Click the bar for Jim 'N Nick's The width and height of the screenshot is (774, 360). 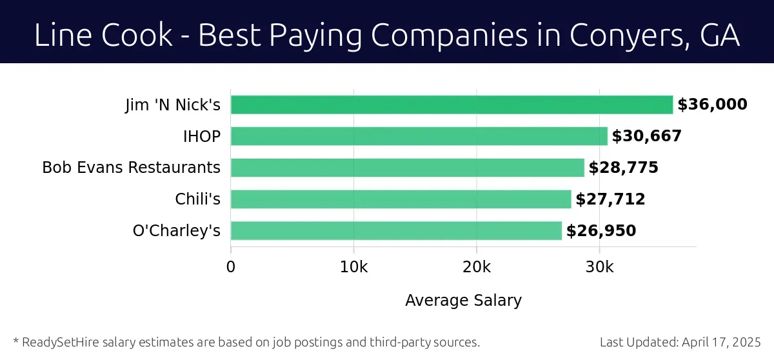pos(451,105)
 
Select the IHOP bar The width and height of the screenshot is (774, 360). pos(419,136)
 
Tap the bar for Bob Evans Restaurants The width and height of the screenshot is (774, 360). pos(407,168)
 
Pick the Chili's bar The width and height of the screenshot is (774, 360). pos(401,199)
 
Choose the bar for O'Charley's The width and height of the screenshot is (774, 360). pos(396,231)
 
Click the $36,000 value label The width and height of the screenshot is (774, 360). pos(712,105)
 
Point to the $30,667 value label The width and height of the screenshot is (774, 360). pos(646,136)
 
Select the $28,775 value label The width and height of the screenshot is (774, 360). pos(623,168)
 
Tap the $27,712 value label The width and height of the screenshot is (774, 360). pos(610,199)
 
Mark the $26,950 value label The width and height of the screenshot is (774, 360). pos(601,231)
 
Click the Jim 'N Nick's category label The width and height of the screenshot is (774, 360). pos(172,105)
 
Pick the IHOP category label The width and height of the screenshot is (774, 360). pos(201,136)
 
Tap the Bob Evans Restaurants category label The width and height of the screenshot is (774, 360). pos(131,168)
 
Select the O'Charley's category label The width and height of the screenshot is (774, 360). pos(176,231)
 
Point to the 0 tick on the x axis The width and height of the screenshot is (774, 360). pos(231,267)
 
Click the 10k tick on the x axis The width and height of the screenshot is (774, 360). pos(353,267)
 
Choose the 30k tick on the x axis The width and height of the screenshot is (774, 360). pos(599,267)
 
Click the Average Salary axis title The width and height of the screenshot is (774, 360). pos(463,301)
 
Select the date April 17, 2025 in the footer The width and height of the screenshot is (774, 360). pos(720,342)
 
